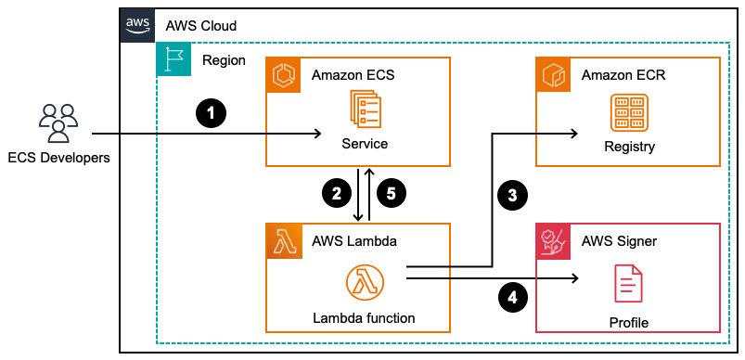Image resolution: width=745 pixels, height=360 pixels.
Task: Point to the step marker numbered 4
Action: click(x=512, y=297)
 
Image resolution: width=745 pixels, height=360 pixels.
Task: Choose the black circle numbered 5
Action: click(x=392, y=194)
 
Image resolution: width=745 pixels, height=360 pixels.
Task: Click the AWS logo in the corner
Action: click(x=136, y=25)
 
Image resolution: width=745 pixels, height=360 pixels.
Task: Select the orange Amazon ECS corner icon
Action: click(x=283, y=74)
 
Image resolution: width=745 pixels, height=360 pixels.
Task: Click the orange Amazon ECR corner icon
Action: click(x=554, y=74)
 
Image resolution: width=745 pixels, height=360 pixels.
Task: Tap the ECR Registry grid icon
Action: click(x=628, y=112)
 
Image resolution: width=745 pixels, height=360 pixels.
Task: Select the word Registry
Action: click(x=629, y=146)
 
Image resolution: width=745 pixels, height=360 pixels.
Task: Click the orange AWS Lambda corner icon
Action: click(x=283, y=240)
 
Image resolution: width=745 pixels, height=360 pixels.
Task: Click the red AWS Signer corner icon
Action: click(x=554, y=240)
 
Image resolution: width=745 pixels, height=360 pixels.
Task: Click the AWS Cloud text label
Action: click(x=200, y=26)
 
